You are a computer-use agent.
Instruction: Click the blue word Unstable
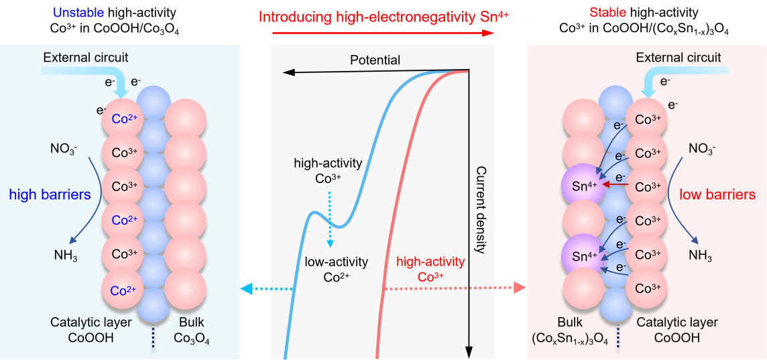[x=80, y=13]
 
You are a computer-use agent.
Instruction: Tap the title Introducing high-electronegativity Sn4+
[x=383, y=17]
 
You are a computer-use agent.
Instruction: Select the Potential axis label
[x=375, y=60]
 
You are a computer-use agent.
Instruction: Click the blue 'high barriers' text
[x=50, y=195]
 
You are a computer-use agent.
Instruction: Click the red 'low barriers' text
[x=717, y=195]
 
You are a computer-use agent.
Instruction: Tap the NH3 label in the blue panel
[x=66, y=255]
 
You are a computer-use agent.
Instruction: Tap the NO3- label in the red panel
[x=701, y=148]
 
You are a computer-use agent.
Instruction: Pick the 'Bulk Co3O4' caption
[x=192, y=331]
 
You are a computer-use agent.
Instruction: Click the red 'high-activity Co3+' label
[x=430, y=269]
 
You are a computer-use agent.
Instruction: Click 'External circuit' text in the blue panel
[x=86, y=58]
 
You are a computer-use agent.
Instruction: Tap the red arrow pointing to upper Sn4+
[x=615, y=184]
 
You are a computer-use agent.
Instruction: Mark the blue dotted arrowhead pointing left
[x=246, y=289]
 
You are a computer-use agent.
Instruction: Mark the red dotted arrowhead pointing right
[x=521, y=289]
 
